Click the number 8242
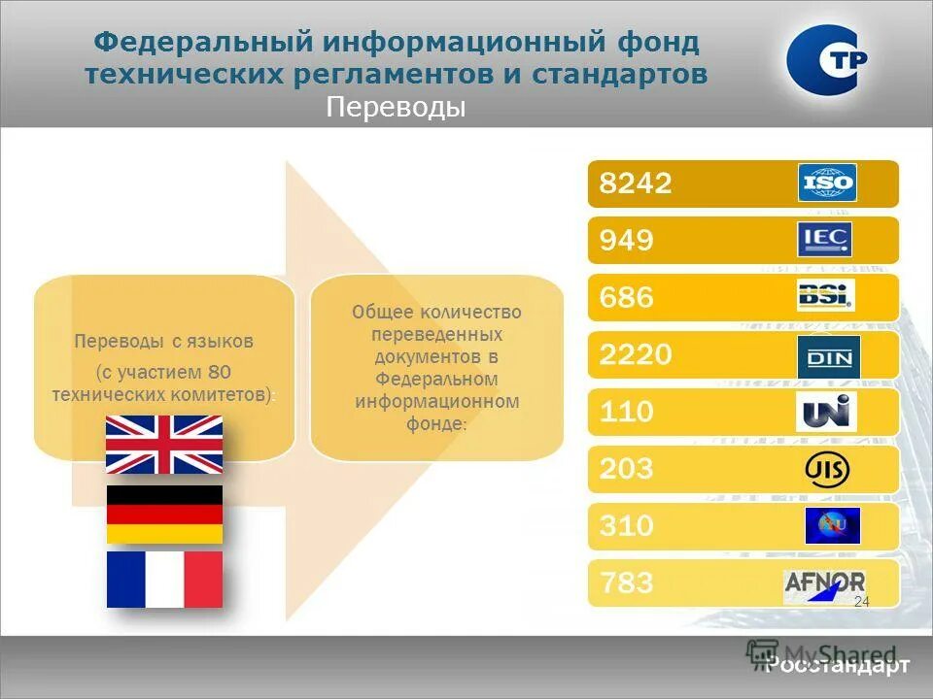pyautogui.click(x=636, y=183)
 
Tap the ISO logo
pyautogui.click(x=827, y=183)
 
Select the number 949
pyautogui.click(x=626, y=241)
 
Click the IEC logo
pyautogui.click(x=825, y=240)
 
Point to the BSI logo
pyautogui.click(x=825, y=295)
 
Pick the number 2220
pyautogui.click(x=636, y=355)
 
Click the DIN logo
pyautogui.click(x=827, y=357)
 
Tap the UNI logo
pyautogui.click(x=826, y=412)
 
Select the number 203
pyautogui.click(x=626, y=470)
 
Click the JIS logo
pyautogui.click(x=827, y=471)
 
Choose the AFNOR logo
pyautogui.click(x=824, y=584)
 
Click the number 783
pyautogui.click(x=626, y=584)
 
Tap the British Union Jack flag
pyautogui.click(x=164, y=445)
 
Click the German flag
pyautogui.click(x=164, y=514)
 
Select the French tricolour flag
pyautogui.click(x=164, y=580)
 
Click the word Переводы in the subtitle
pyautogui.click(x=396, y=107)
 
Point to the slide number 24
pyautogui.click(x=861, y=603)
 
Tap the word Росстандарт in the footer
pyautogui.click(x=838, y=666)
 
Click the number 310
pyautogui.click(x=626, y=526)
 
